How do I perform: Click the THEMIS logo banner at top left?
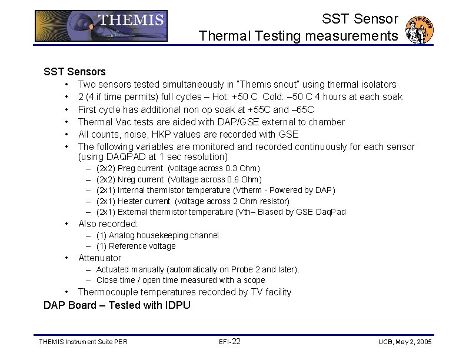point(101,26)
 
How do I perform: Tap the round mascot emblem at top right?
point(421,29)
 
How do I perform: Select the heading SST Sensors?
point(75,72)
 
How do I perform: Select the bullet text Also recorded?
point(108,224)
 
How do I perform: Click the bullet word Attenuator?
point(99,258)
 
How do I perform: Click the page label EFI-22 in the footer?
point(229,342)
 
